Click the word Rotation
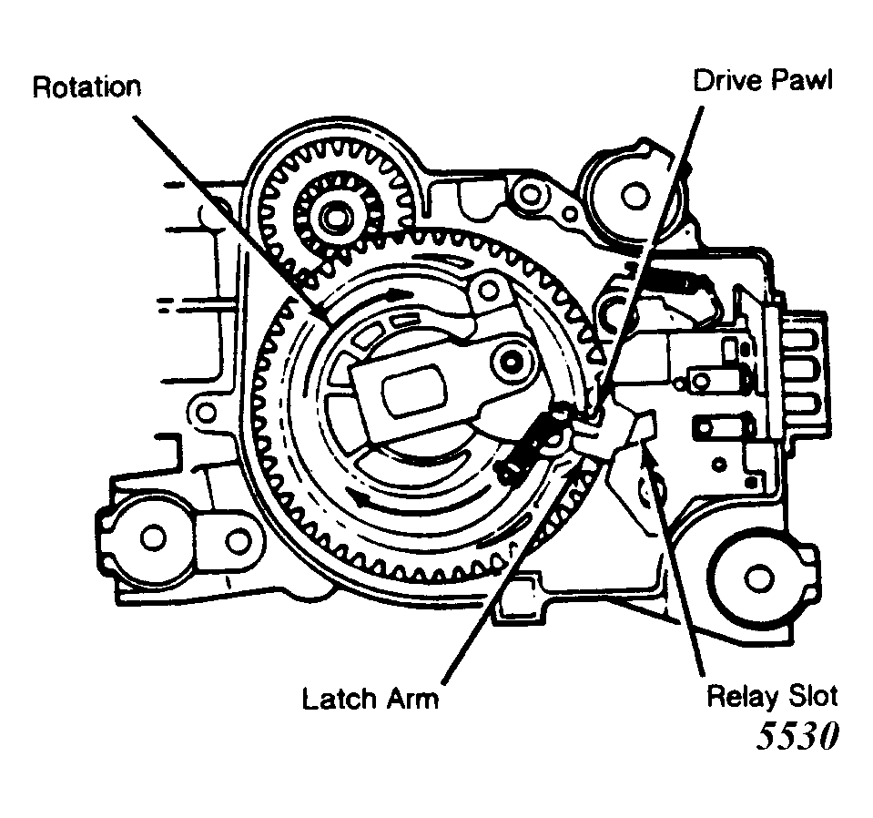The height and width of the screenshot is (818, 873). point(86,87)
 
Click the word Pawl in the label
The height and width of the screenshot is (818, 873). point(799,80)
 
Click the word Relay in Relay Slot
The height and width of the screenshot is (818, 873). point(742,697)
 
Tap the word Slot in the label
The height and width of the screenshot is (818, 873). point(811,697)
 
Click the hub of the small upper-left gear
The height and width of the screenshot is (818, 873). point(336,215)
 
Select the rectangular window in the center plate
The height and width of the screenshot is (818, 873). point(415,391)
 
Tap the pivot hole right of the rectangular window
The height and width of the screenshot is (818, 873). point(511,363)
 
